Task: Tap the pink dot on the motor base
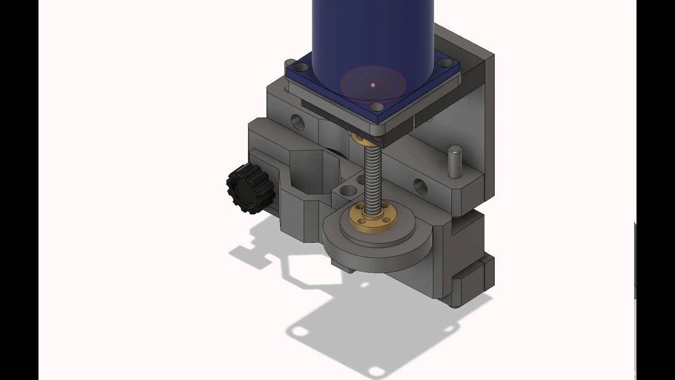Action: click(x=373, y=85)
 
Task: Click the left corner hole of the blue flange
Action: click(x=301, y=68)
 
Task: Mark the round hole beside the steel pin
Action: click(x=420, y=186)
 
